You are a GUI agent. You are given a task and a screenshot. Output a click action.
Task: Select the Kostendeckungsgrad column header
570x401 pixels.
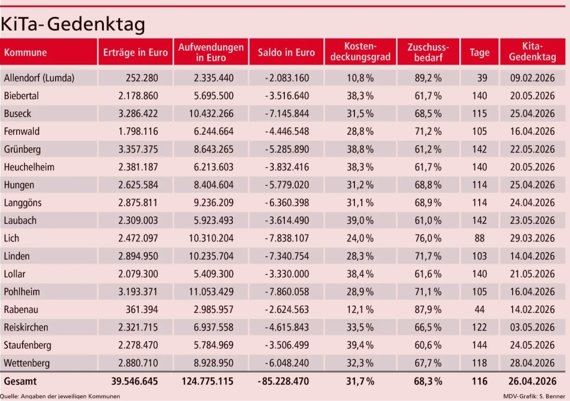point(360,52)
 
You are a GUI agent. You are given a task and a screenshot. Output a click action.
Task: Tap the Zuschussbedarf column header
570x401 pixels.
point(428,52)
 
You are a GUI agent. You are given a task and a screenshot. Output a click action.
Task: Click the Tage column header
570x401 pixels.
point(479,52)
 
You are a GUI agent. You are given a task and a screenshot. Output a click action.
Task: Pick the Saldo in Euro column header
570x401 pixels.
point(286,52)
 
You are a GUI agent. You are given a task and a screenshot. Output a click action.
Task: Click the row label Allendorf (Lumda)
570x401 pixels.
point(39,78)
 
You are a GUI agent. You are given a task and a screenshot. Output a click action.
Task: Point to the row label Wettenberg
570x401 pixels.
point(27,363)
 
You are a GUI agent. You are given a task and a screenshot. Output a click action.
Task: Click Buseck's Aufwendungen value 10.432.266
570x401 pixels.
point(211,113)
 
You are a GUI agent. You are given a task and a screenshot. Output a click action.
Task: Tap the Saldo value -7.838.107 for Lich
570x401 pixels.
point(287,238)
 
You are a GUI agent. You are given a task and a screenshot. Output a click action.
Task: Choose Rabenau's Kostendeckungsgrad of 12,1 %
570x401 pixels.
point(360,310)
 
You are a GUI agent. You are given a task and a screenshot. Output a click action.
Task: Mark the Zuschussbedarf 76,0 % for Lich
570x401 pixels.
point(428,238)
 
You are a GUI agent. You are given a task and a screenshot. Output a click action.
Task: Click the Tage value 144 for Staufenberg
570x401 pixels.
point(479,345)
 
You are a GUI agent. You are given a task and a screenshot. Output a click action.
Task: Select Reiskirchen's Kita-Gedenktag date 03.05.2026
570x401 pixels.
point(532,327)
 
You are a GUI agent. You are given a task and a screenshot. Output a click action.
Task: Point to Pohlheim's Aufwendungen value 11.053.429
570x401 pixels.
point(211,292)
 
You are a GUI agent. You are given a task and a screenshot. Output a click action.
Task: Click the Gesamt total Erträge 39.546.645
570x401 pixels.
point(134,381)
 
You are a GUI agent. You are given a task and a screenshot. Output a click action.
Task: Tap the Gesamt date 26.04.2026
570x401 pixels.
point(532,381)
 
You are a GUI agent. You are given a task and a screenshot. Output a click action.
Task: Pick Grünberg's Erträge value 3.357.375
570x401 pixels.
point(138,149)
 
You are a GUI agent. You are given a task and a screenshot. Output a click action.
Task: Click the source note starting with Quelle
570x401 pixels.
point(60,396)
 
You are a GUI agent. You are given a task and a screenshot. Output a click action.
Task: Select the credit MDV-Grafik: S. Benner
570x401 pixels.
point(534,396)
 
